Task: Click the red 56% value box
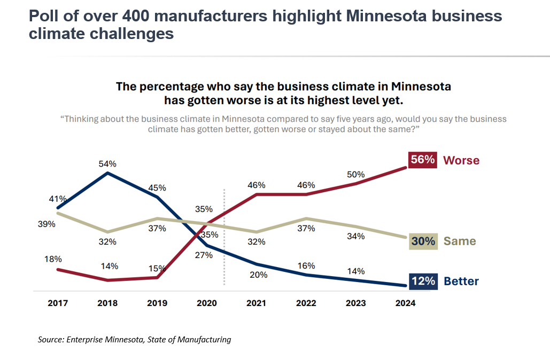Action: click(x=423, y=160)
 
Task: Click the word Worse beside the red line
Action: click(x=461, y=160)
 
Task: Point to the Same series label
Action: click(x=460, y=241)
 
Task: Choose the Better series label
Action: click(x=461, y=281)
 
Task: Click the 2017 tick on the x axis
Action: click(x=58, y=303)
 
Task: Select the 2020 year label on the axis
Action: click(x=207, y=303)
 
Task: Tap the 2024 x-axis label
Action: click(x=405, y=303)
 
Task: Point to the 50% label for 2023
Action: click(x=355, y=174)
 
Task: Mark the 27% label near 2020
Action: click(x=204, y=255)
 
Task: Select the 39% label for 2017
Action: click(x=46, y=224)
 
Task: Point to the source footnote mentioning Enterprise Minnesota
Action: click(x=134, y=340)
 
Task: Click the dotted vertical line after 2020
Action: click(x=223, y=235)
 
